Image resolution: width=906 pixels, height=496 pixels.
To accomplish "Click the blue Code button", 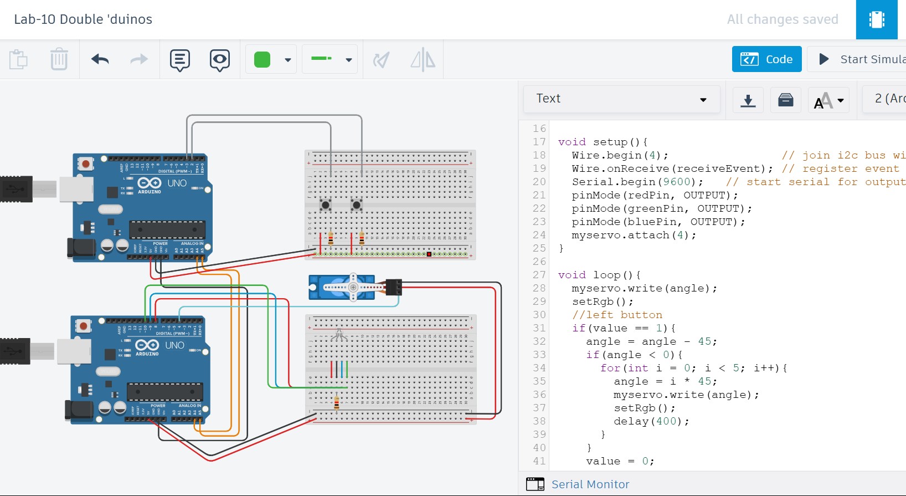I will click(766, 59).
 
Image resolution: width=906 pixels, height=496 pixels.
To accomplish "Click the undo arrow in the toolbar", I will click(100, 59).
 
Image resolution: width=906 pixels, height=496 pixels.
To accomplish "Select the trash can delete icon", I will click(59, 59).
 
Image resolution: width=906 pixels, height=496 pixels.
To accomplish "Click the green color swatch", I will click(262, 59).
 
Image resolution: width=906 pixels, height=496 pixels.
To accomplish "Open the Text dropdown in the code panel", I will click(621, 99).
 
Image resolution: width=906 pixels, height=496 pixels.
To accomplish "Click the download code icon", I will click(748, 100).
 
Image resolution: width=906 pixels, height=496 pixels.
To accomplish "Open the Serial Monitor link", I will click(590, 484).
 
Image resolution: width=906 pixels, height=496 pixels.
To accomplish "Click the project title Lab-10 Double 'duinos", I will click(83, 19).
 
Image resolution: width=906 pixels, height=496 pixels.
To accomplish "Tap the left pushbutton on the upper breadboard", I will click(326, 206).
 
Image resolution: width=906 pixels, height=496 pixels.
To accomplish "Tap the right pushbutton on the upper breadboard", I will click(357, 206).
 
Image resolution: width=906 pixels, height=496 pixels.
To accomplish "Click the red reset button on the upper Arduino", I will click(85, 163).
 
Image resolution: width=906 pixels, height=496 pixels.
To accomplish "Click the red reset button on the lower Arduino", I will click(83, 326).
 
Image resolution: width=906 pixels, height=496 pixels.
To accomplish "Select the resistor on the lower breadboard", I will click(337, 402).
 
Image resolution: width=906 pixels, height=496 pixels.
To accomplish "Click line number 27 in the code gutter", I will click(539, 275).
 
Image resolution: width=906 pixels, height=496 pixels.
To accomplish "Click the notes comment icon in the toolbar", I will click(180, 59).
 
